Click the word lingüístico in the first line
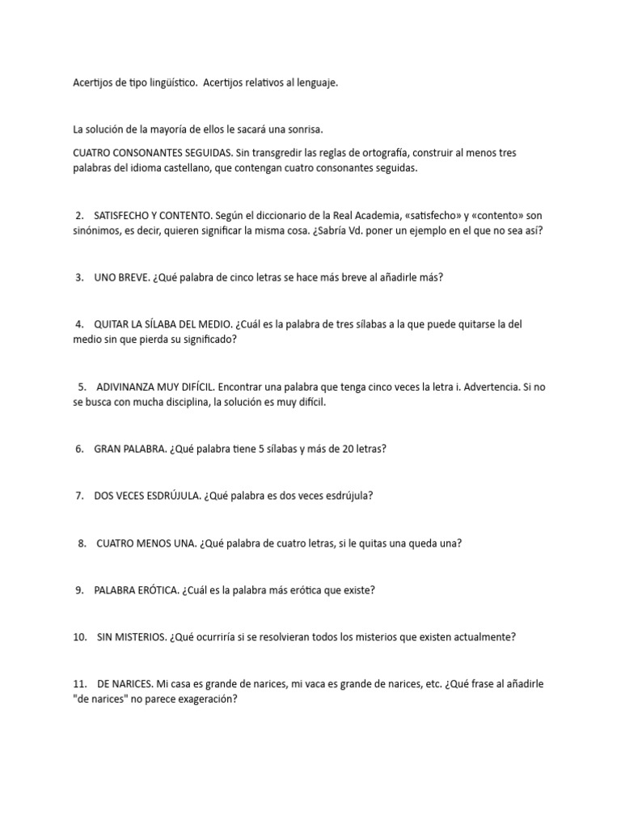[167, 83]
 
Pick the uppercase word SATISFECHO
[124, 216]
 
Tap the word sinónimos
[95, 230]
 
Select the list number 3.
[79, 277]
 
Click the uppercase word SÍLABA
[163, 324]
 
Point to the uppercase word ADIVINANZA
[128, 387]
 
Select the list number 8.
[82, 543]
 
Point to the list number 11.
[80, 684]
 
